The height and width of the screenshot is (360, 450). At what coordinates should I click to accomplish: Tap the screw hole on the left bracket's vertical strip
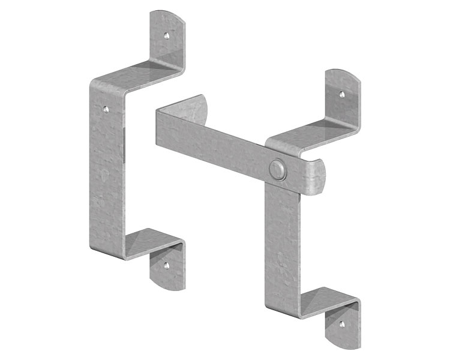[x=106, y=110]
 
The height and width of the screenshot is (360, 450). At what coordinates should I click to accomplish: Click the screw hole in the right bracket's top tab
[x=341, y=94]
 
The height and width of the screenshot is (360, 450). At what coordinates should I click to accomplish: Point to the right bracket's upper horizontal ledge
[x=312, y=136]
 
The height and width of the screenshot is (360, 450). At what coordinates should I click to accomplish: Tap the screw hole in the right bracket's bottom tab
[x=342, y=324]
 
